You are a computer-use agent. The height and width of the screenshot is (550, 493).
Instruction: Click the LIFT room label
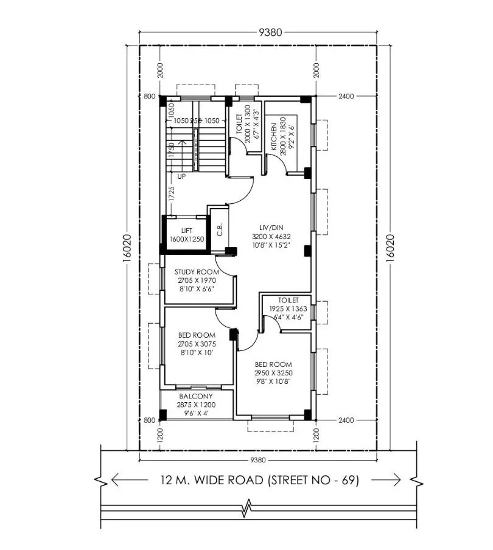tap(186, 231)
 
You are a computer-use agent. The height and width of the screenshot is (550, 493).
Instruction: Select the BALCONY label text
tap(195, 396)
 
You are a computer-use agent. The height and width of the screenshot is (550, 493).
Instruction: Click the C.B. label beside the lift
tap(220, 229)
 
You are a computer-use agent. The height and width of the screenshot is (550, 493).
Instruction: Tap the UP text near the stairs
tap(181, 176)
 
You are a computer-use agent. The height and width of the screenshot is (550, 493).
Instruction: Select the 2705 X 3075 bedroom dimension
tap(197, 344)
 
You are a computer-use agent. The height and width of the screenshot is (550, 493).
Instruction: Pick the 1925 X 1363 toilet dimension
tap(288, 309)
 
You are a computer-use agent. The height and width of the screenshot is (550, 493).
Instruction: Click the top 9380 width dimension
tap(270, 32)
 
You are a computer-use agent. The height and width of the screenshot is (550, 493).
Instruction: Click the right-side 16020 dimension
tap(390, 249)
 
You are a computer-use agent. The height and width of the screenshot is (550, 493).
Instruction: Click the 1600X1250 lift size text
tap(186, 240)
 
